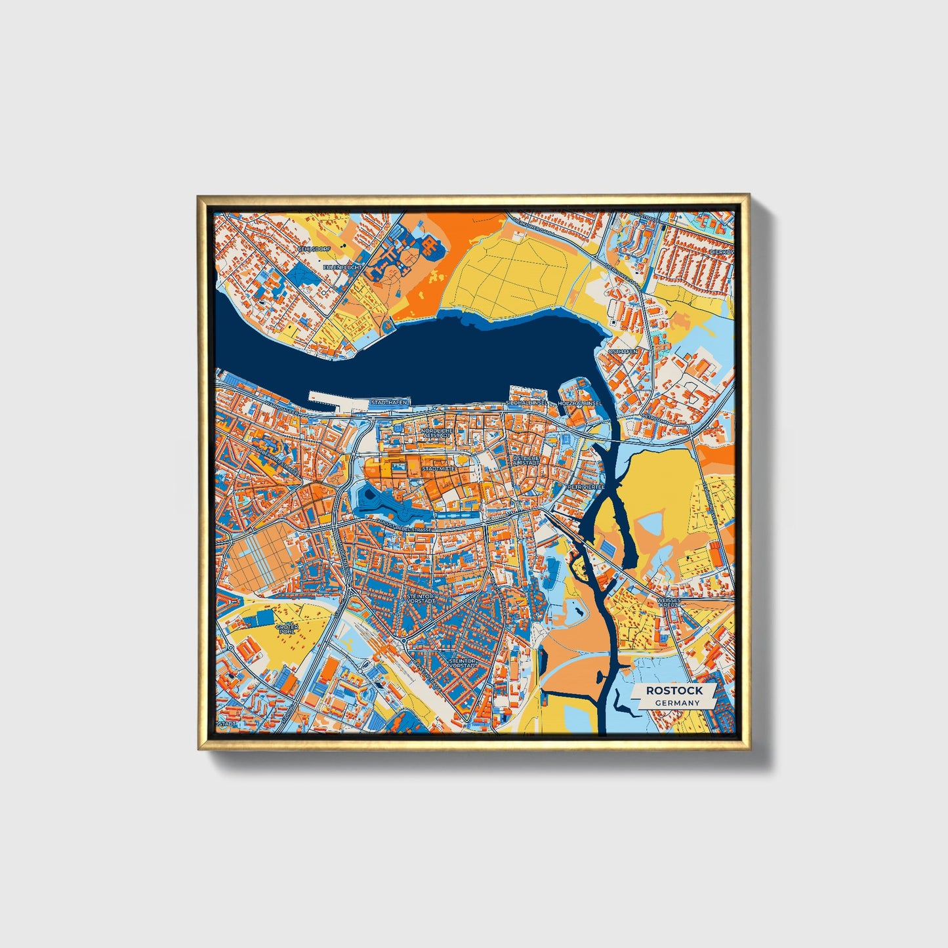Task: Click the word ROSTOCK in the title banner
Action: (x=674, y=690)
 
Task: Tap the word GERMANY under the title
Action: (x=677, y=703)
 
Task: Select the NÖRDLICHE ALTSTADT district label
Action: (x=436, y=433)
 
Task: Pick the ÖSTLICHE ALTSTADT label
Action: (x=526, y=461)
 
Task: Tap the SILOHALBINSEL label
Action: (x=527, y=402)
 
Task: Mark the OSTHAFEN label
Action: (x=623, y=352)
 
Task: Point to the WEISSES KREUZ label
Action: (x=673, y=602)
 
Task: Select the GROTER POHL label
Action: (x=287, y=629)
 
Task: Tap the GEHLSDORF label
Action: (x=312, y=249)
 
